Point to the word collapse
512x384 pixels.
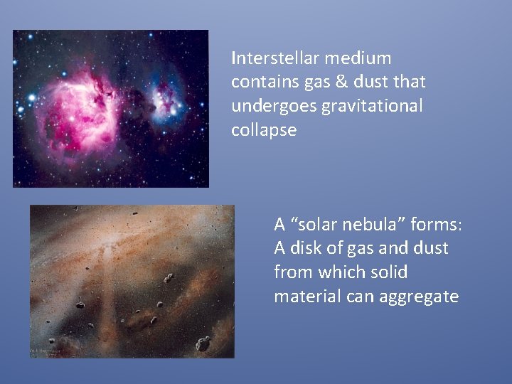(x=263, y=131)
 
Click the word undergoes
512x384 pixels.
(x=274, y=107)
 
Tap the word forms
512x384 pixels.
(x=436, y=225)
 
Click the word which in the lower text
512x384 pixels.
(x=338, y=272)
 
